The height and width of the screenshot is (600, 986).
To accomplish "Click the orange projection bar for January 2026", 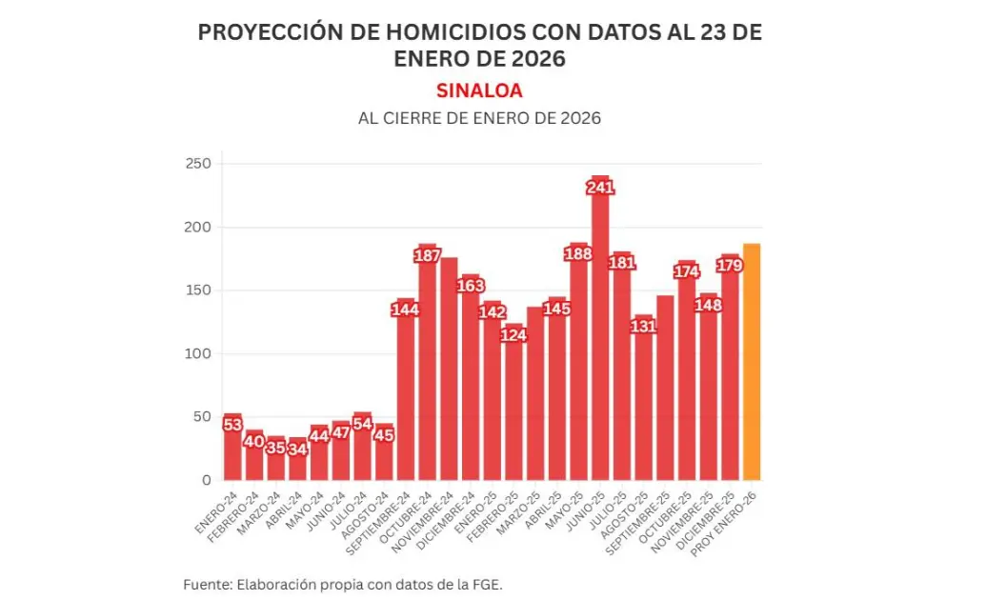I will click(752, 362).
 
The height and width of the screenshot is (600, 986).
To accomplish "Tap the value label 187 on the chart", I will click(428, 255).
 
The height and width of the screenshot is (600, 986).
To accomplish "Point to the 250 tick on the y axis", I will click(198, 164).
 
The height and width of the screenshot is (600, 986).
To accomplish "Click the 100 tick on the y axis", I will click(198, 353).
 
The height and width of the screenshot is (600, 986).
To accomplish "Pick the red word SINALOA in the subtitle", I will click(479, 90).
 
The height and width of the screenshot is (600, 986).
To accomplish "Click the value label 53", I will click(232, 425).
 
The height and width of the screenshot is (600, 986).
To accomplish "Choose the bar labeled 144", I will click(406, 390).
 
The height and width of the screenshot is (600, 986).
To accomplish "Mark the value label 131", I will click(643, 326).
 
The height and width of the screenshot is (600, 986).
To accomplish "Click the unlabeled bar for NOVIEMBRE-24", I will click(449, 371).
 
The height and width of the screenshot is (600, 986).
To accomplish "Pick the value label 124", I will click(513, 335).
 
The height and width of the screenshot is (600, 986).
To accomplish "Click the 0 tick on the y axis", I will click(205, 480).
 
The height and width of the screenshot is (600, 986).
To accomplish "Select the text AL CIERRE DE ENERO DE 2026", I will click(479, 119).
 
